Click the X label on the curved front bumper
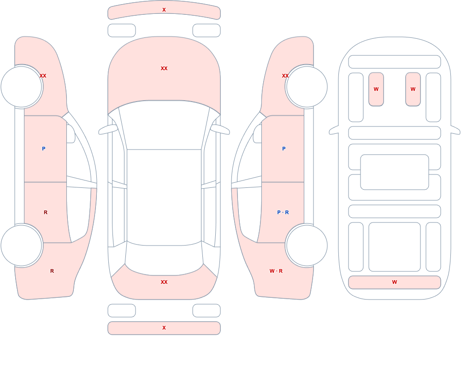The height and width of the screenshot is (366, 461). click(164, 10)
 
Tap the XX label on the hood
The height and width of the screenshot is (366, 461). click(164, 68)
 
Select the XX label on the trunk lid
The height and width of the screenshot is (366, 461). click(164, 282)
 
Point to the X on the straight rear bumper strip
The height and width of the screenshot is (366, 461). click(164, 328)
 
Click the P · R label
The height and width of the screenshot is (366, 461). click(283, 212)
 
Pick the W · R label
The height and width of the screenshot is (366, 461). click(276, 271)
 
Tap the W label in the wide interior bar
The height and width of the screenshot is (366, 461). click(395, 282)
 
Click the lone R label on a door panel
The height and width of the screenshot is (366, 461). click(46, 212)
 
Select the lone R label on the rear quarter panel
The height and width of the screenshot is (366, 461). click(52, 271)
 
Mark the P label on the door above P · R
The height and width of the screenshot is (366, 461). click(284, 149)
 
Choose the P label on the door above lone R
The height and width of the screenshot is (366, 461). click(43, 149)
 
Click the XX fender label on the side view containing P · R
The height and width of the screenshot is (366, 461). click(285, 76)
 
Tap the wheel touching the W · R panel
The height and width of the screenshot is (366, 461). click(307, 246)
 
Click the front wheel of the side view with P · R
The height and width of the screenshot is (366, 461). click(307, 87)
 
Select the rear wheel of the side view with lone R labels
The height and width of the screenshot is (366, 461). click(22, 246)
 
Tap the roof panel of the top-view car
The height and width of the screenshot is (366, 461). click(164, 197)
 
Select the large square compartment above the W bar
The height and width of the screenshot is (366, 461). click(395, 247)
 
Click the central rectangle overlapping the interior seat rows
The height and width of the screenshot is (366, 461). click(395, 172)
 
